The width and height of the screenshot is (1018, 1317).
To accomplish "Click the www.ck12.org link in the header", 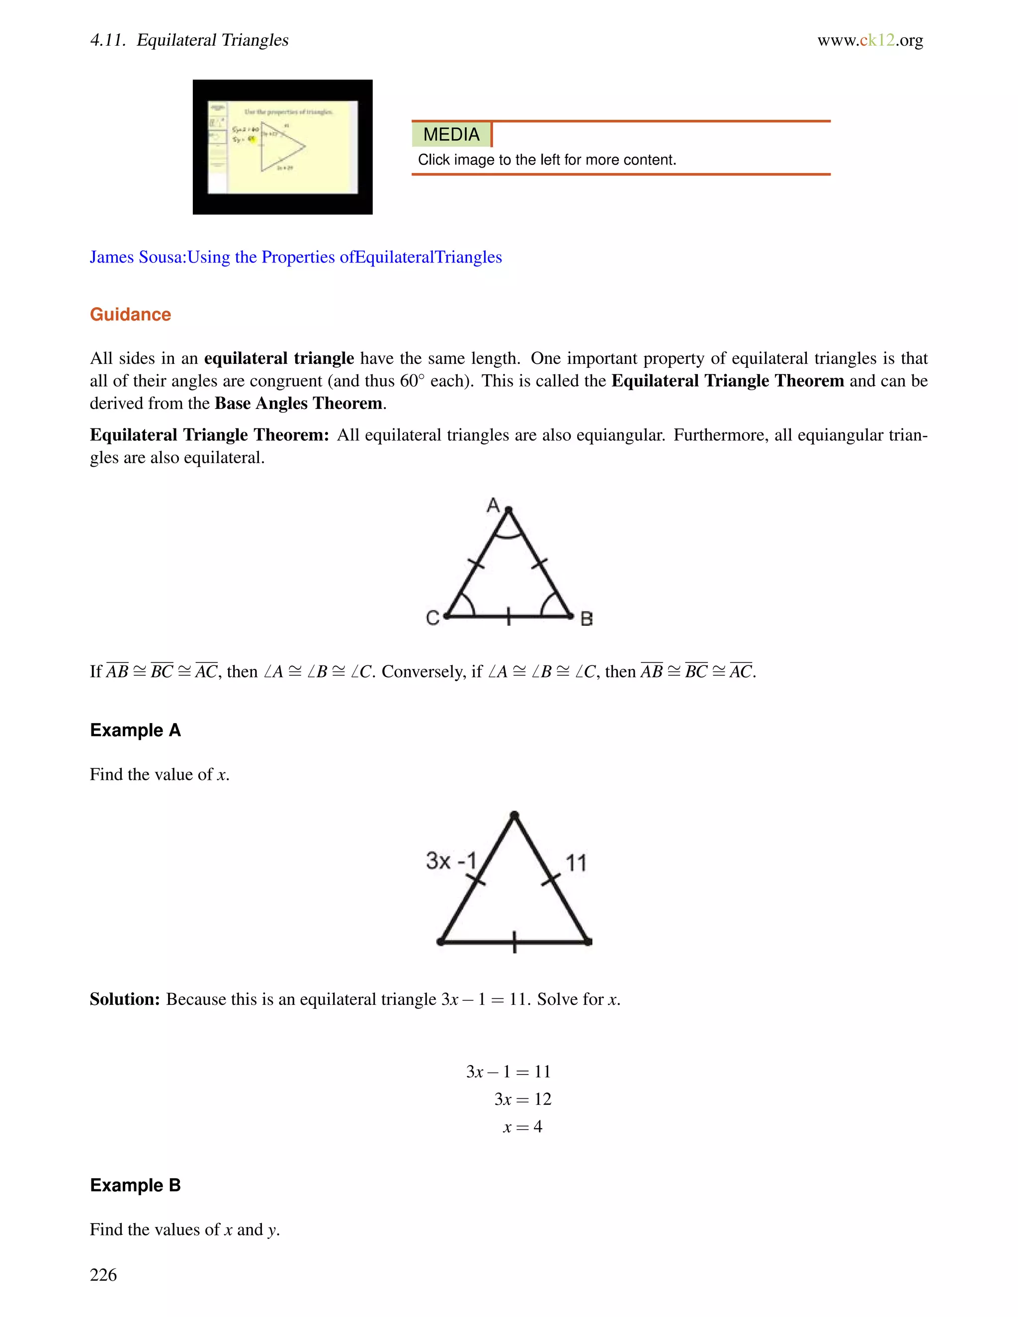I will [x=870, y=40].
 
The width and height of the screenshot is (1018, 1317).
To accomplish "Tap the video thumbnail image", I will [x=282, y=147].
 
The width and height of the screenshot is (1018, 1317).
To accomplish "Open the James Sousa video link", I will [x=296, y=257].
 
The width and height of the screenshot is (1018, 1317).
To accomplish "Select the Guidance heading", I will [x=130, y=315].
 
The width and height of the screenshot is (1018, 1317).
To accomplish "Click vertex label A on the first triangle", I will [x=493, y=505].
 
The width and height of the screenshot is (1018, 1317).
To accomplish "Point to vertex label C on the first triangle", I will [x=432, y=618].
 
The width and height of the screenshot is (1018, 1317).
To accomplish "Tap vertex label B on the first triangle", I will [x=586, y=619].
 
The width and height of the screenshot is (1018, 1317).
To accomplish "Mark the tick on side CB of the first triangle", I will [x=509, y=616].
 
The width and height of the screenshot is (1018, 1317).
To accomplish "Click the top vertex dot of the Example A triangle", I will [x=514, y=816].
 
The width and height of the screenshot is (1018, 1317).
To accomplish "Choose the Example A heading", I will [x=135, y=730].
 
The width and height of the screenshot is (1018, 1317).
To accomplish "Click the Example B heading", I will [x=135, y=1185].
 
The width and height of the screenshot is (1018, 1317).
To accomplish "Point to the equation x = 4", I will [x=522, y=1127].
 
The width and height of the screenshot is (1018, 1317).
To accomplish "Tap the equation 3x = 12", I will [x=522, y=1099].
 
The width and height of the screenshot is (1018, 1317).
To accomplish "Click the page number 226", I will [x=103, y=1275].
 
